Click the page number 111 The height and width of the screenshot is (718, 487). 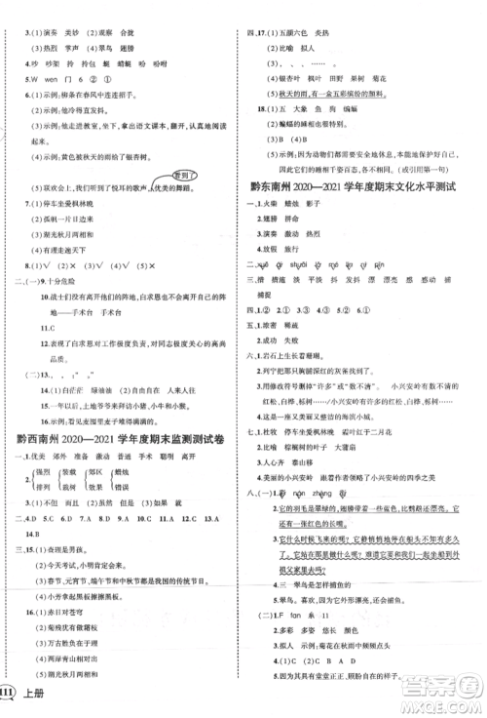pyautogui.click(x=17, y=701)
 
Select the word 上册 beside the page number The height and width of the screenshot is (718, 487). pyautogui.click(x=45, y=701)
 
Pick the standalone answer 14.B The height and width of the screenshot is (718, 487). pyautogui.click(x=32, y=508)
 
